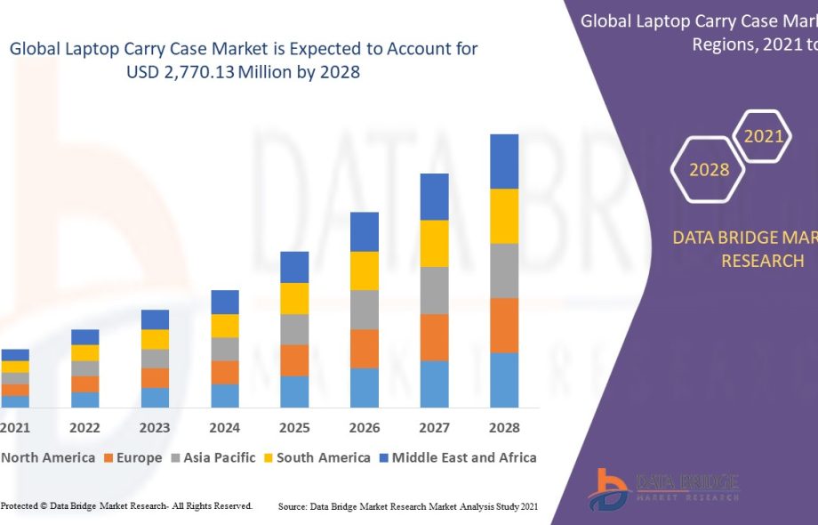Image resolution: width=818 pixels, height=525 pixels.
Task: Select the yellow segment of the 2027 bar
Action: (434, 243)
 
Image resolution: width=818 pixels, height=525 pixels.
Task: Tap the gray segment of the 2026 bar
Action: (365, 310)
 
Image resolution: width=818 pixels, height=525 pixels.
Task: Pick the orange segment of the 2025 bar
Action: (294, 360)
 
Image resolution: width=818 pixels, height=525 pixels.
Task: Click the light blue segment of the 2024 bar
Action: (225, 396)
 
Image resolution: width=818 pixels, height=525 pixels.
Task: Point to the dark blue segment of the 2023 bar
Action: (155, 319)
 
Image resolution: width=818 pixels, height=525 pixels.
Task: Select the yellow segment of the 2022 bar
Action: (85, 352)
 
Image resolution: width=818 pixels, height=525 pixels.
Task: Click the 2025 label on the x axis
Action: (294, 428)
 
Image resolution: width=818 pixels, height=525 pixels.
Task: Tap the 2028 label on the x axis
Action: (504, 428)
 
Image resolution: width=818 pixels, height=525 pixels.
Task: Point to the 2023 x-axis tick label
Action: (155, 428)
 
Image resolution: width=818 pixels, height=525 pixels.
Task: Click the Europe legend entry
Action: (133, 458)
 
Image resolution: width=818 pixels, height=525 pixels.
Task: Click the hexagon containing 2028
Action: (709, 169)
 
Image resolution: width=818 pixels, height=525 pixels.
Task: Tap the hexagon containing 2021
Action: (763, 136)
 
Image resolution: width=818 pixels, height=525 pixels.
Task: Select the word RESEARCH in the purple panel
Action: (762, 261)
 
